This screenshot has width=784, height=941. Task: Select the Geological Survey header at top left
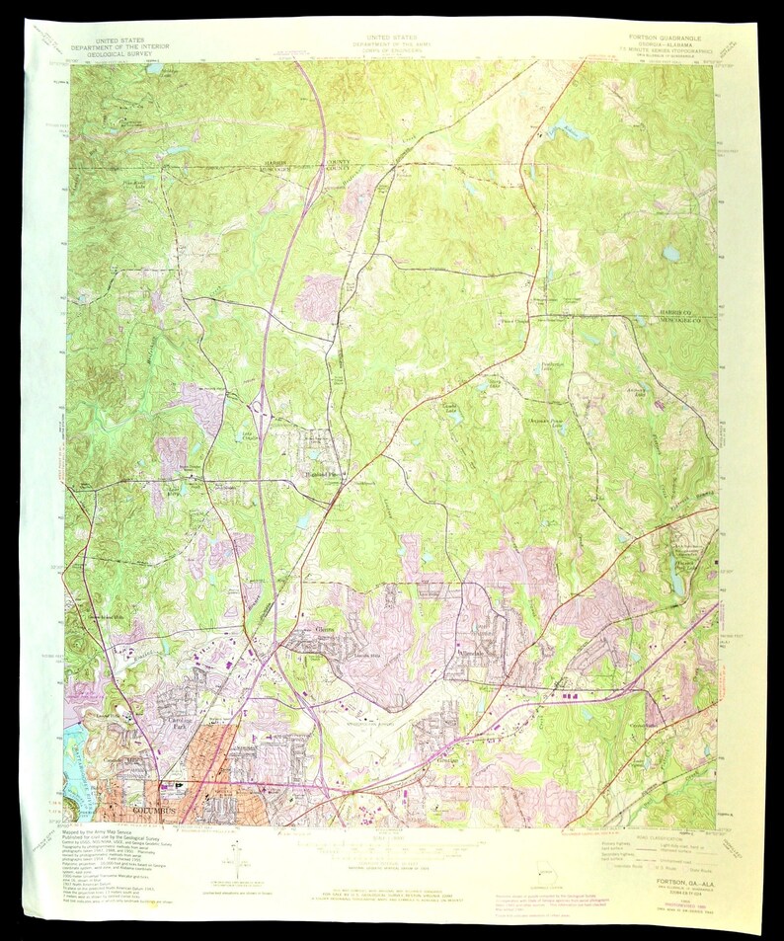110,55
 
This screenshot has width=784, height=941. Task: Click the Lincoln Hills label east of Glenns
357,655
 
